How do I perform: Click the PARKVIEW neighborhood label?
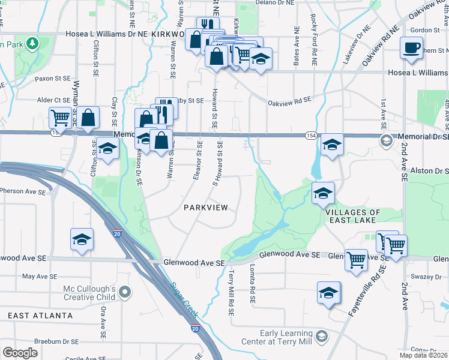pyautogui.click(x=206, y=208)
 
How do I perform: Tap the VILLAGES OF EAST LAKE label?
pyautogui.click(x=352, y=217)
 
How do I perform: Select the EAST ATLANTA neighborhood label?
pyautogui.click(x=40, y=316)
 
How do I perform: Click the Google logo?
pyautogui.click(x=20, y=353)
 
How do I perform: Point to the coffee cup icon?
pyautogui.click(x=411, y=47)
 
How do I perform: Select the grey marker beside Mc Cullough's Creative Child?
pyautogui.click(x=124, y=292)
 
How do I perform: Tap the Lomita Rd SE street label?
pyautogui.click(x=253, y=283)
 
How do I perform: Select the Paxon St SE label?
pyautogui.click(x=52, y=79)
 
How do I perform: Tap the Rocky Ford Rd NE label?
pyautogui.click(x=314, y=46)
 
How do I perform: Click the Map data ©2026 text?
pyautogui.click(x=423, y=355)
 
